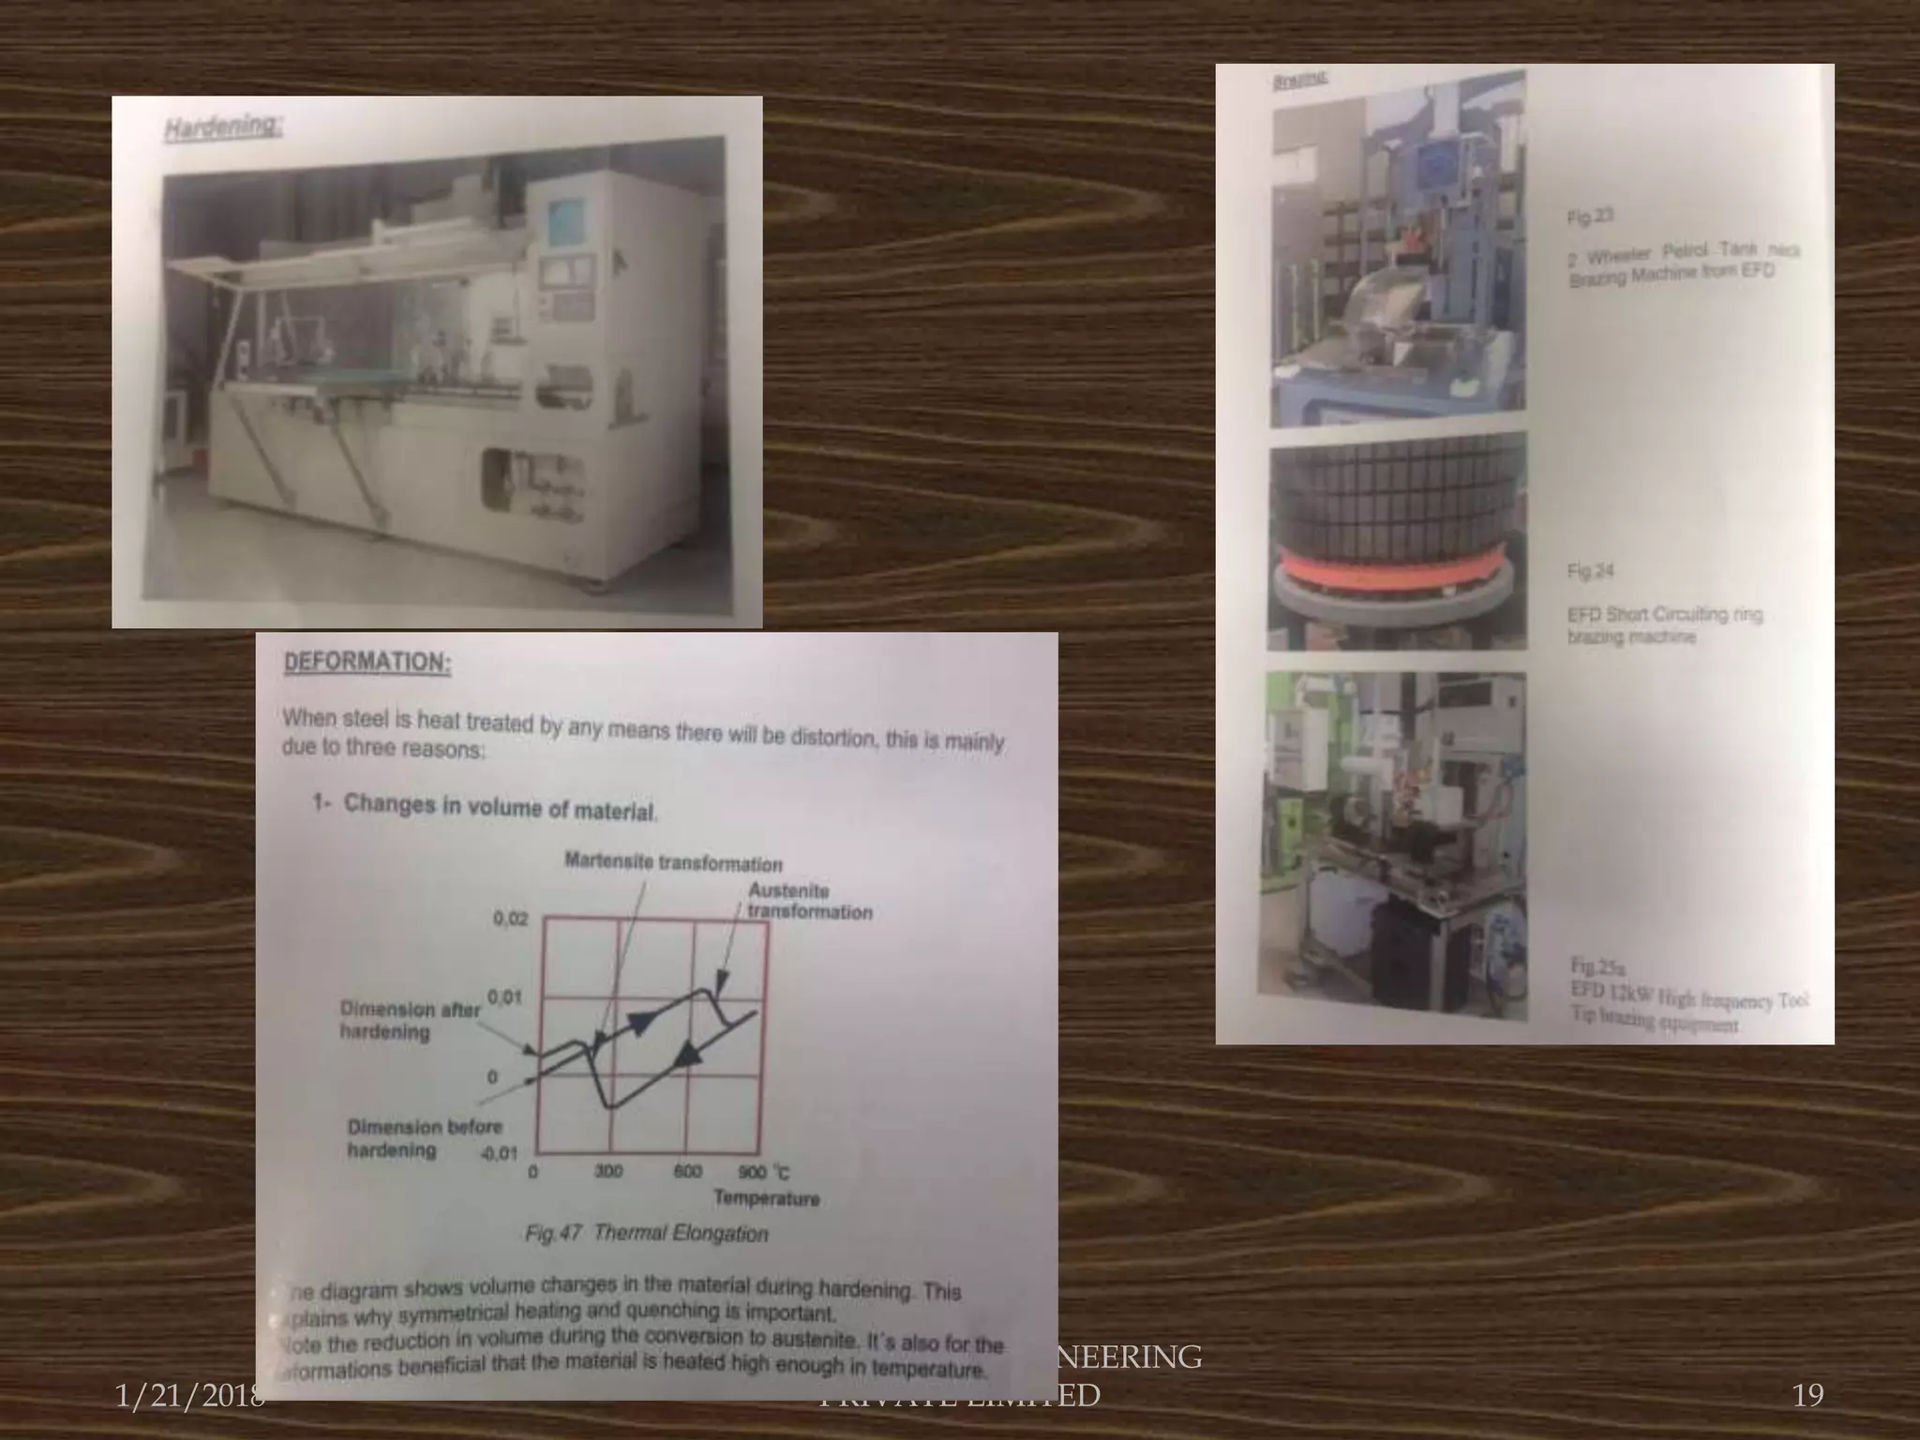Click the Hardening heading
click(x=222, y=127)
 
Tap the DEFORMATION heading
click(x=367, y=662)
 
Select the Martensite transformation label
click(x=673, y=862)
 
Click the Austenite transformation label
click(x=808, y=901)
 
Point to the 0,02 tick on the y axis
click(x=511, y=919)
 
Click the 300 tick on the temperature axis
click(x=608, y=1171)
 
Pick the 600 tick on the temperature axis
click(x=687, y=1171)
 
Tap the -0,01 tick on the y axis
click(x=499, y=1152)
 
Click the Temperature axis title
click(x=766, y=1198)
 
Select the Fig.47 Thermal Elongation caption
click(x=647, y=1233)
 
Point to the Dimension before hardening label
click(x=424, y=1138)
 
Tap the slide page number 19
click(x=1807, y=1395)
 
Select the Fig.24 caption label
click(x=1590, y=571)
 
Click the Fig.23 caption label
click(x=1590, y=217)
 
